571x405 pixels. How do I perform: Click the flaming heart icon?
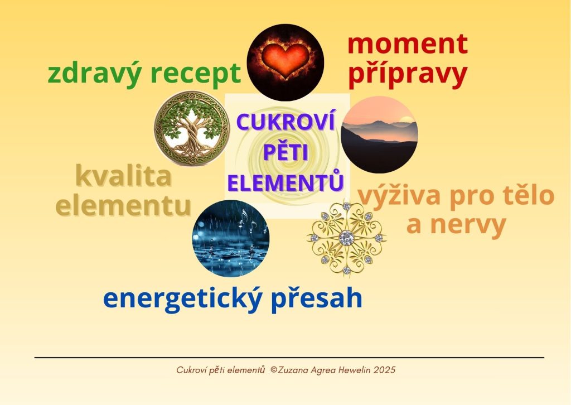285,62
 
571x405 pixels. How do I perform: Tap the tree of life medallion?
192,128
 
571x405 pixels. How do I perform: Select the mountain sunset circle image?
379,134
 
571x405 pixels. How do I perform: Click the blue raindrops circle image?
231,239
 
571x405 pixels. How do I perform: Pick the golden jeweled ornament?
347,238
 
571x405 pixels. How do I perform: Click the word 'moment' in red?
408,44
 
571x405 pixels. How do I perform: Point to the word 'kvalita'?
123,176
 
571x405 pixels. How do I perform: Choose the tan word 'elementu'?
123,206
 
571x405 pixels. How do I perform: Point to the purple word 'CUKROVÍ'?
285,122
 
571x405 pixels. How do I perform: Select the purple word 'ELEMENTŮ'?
285,181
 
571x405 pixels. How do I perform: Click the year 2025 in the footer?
384,370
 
